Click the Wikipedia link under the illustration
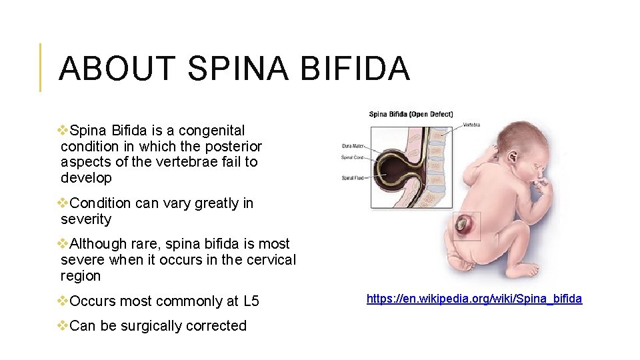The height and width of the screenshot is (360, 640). click(x=474, y=299)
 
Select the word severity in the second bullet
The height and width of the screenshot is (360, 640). click(x=86, y=219)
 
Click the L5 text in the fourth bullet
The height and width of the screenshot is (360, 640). click(x=251, y=301)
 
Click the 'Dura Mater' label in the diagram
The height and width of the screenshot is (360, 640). click(x=352, y=145)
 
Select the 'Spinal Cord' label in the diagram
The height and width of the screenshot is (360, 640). click(x=352, y=157)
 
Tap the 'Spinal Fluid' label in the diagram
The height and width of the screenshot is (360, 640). click(x=352, y=178)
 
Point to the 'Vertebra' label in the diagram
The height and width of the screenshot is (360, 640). click(x=471, y=125)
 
